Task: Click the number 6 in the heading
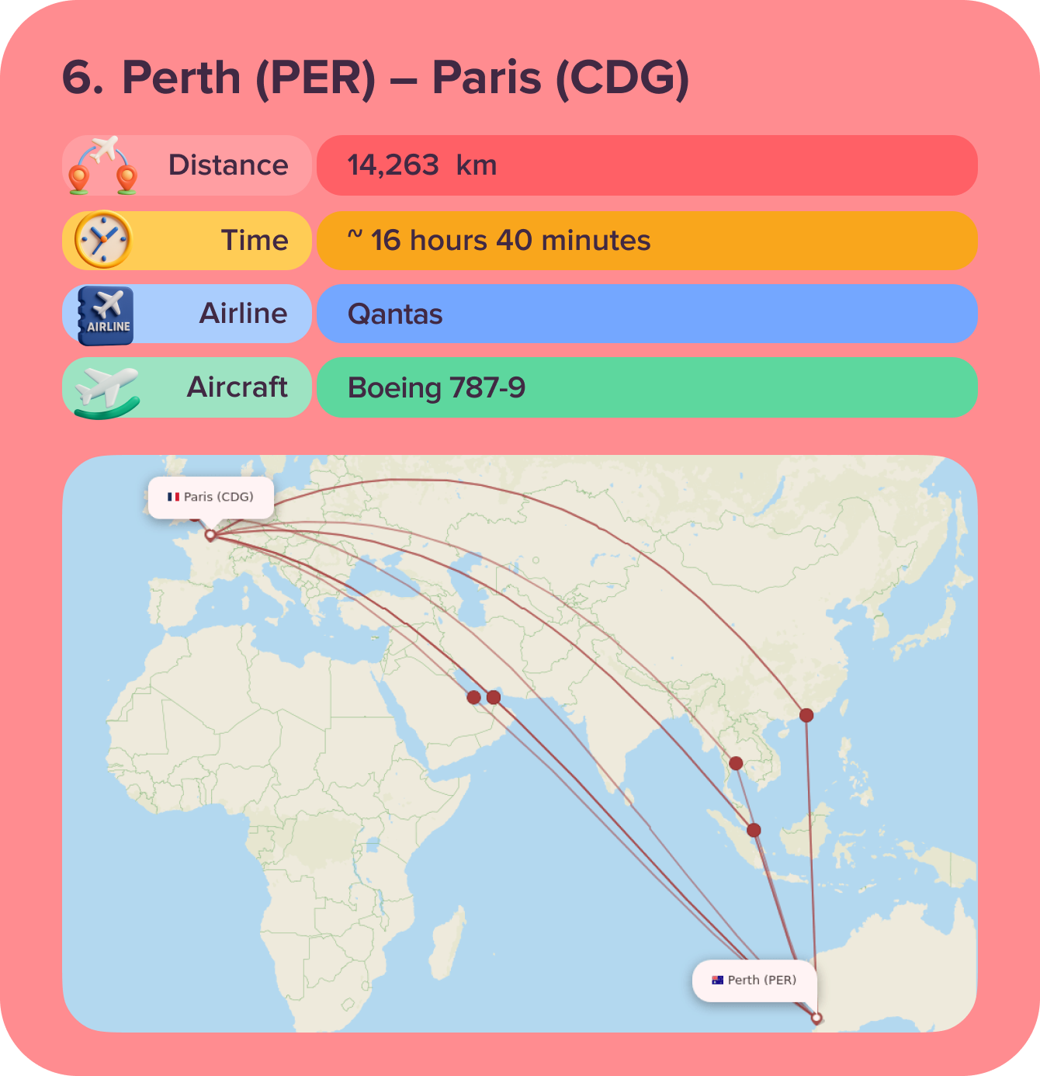tap(82, 78)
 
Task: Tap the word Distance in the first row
tap(228, 165)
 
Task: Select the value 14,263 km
tap(421, 165)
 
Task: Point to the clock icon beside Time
tap(103, 240)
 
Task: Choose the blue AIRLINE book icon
tap(106, 315)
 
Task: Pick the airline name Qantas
tap(395, 314)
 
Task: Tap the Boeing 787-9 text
tap(436, 387)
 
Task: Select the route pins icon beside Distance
tap(102, 165)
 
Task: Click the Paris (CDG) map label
tap(211, 497)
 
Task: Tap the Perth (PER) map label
tap(754, 981)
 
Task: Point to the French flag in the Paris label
tap(173, 497)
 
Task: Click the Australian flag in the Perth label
tap(717, 981)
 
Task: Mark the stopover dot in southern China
tap(806, 715)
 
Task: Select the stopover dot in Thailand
tap(736, 763)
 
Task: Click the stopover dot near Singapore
tap(754, 830)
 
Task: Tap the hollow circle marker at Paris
tap(210, 535)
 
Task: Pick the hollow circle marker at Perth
tap(816, 1018)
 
